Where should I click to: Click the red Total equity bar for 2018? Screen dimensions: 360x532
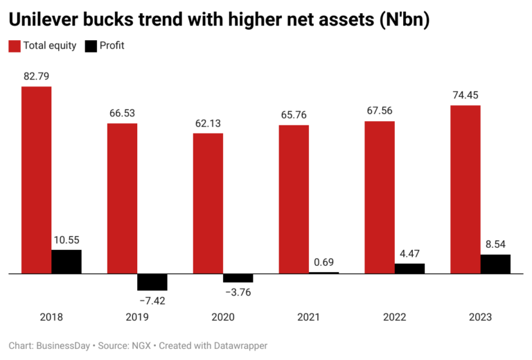coord(36,180)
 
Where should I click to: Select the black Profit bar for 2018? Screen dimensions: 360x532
coord(66,262)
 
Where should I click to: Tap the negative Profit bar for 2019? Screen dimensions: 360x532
coord(152,282)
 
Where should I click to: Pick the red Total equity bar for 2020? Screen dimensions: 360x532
coord(208,204)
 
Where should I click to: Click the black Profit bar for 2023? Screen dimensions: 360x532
coord(495,264)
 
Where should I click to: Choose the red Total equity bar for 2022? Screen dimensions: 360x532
coord(380,197)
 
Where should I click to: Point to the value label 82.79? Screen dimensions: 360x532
coord(36,75)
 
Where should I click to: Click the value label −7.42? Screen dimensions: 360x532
coord(152,301)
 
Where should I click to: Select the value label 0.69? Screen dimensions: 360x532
coord(324,262)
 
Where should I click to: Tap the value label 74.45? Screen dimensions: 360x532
coord(465,94)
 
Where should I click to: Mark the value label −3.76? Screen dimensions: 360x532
coord(238,292)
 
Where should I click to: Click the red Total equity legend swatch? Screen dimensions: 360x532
coord(15,46)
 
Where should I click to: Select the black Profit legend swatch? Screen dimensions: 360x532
coord(91,46)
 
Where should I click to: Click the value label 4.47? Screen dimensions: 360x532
coord(410,253)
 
